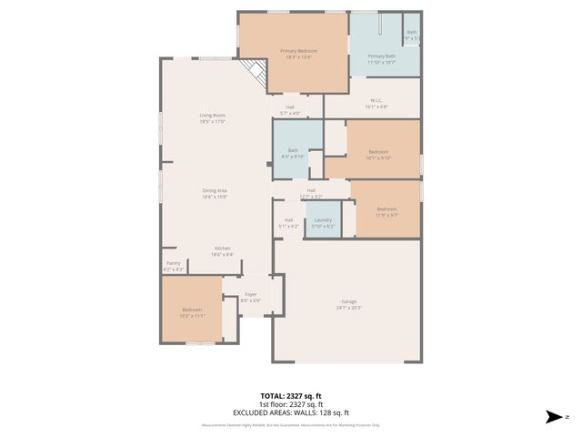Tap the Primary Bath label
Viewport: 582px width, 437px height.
pos(381,58)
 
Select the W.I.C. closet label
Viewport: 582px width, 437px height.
pos(376,103)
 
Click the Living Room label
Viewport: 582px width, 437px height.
pos(213,117)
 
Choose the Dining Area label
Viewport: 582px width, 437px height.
pos(215,193)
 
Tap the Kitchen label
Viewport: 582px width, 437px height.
pos(223,251)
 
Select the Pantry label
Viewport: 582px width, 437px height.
pos(173,266)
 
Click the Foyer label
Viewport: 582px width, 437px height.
pos(250,297)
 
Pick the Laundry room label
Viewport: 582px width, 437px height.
pos(323,222)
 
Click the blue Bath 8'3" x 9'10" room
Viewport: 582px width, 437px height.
pos(293,153)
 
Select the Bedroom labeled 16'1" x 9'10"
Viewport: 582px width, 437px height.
pos(378,154)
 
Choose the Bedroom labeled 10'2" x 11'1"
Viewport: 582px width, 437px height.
pos(192,312)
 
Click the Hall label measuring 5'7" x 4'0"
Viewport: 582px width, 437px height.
pos(290,109)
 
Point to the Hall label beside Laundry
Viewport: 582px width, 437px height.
pos(288,222)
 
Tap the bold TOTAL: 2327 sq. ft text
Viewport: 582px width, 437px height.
pos(291,396)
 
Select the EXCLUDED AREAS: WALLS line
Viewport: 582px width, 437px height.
pos(291,412)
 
